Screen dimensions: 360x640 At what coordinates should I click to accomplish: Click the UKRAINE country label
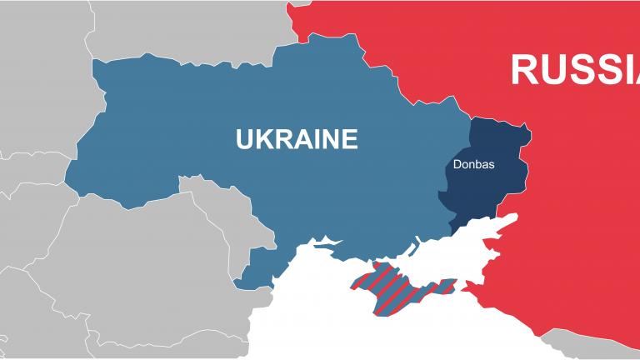coord(297,137)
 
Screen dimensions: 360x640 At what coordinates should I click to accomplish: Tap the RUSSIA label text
coord(574,69)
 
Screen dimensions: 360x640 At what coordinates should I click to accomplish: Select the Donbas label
coord(473,164)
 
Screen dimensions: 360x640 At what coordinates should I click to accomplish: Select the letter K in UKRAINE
coord(263,137)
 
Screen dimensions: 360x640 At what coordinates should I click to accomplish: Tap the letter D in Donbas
coord(457,164)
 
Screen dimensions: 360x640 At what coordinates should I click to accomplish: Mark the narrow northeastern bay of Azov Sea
coord(508,219)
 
